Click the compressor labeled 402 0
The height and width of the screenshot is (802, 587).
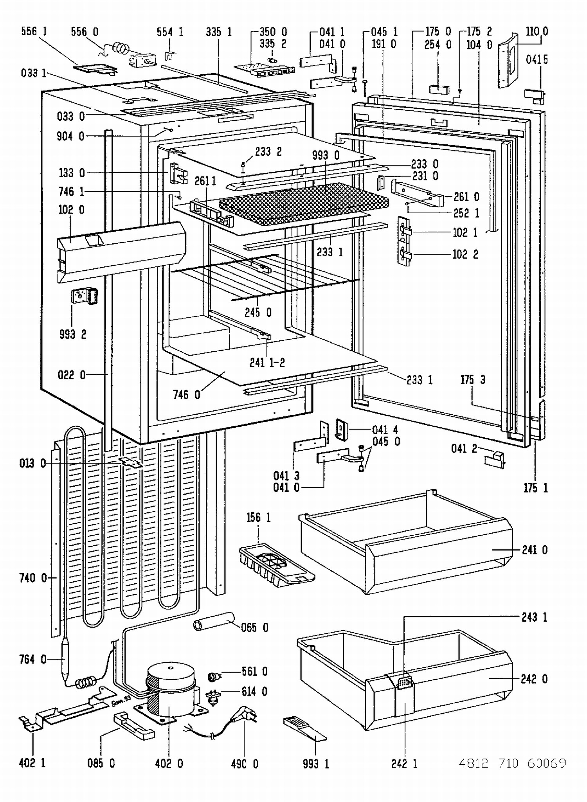[x=171, y=690]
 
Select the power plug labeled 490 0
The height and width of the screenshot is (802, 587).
[x=243, y=716]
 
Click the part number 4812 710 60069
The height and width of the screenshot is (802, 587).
[x=512, y=762]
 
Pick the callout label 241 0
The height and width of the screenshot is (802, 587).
[x=535, y=550]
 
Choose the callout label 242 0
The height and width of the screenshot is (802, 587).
[x=534, y=679]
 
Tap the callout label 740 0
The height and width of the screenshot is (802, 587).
[x=33, y=577]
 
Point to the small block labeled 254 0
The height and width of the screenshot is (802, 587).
[x=439, y=89]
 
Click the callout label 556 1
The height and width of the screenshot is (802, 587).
[x=34, y=31]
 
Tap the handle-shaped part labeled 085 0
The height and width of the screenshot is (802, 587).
[x=134, y=726]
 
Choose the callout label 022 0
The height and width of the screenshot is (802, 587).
[x=71, y=375]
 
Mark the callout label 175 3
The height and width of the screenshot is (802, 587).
[x=473, y=379]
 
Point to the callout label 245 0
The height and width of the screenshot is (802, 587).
[x=258, y=312]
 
